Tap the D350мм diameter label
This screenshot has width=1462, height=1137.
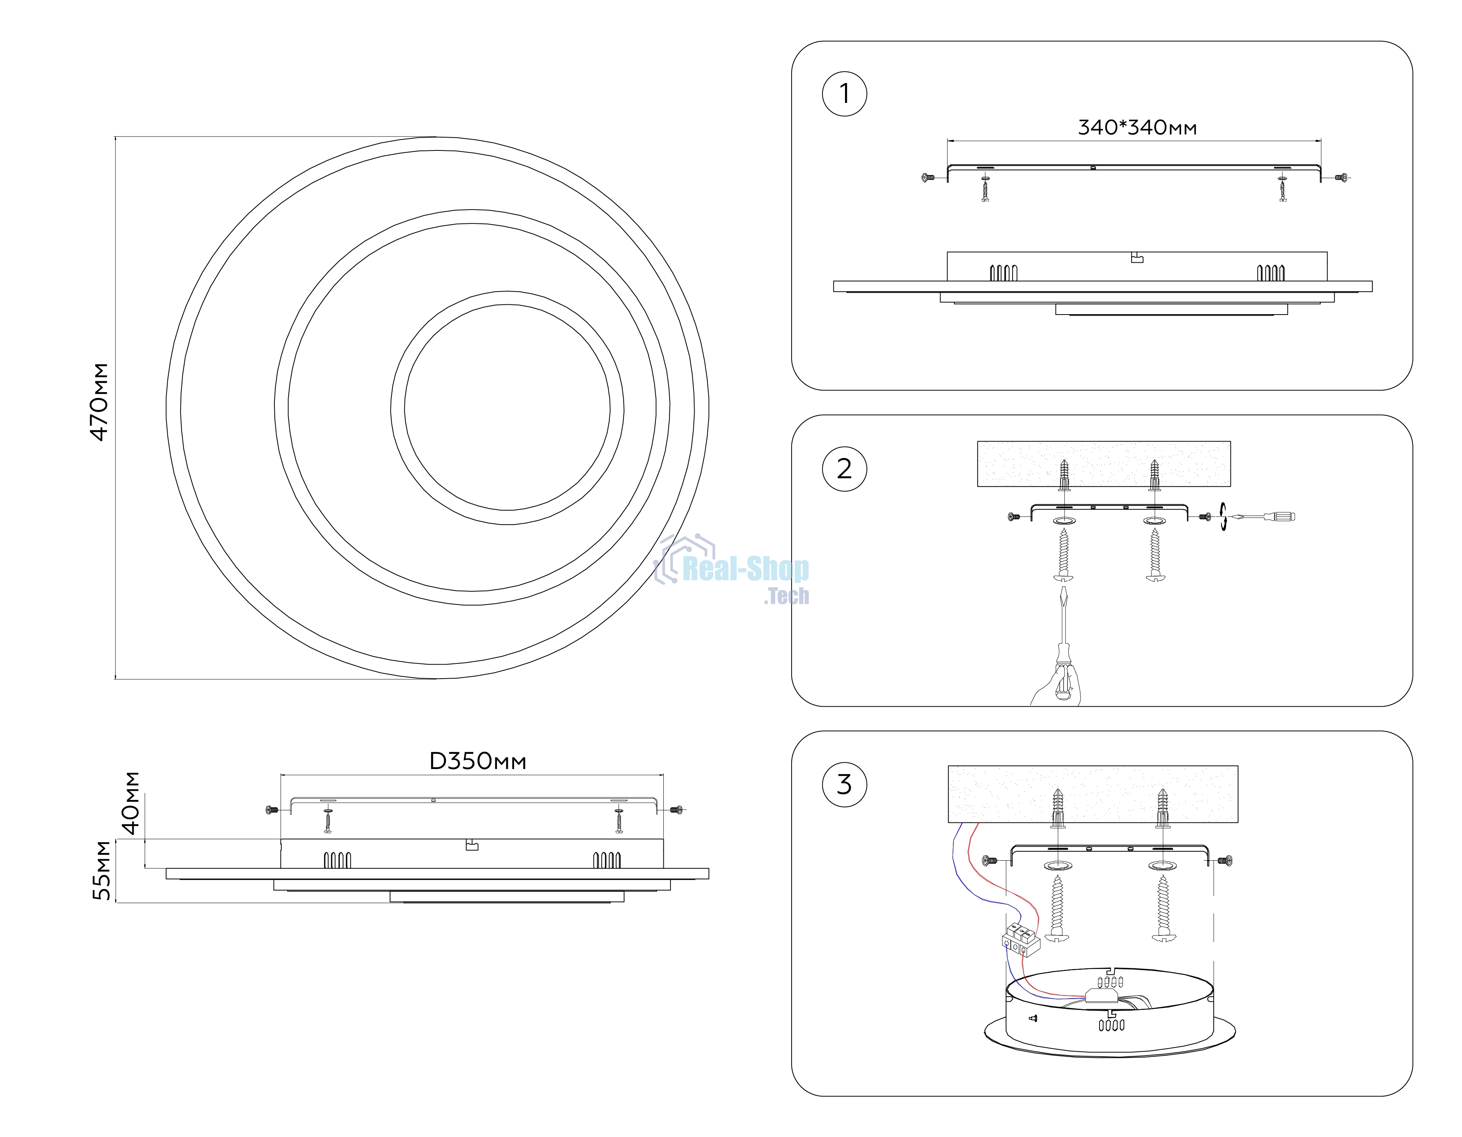point(477,761)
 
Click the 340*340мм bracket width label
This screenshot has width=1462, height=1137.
point(1137,127)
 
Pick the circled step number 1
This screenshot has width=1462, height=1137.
point(844,94)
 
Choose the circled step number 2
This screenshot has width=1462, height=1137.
point(844,469)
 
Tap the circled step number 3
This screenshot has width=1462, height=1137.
point(844,784)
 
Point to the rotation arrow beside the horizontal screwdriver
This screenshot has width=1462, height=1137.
point(1223,516)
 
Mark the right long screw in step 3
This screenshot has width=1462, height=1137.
point(1163,909)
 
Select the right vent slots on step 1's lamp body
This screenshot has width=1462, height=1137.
point(1271,272)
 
